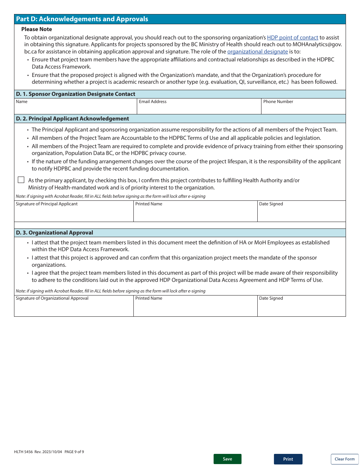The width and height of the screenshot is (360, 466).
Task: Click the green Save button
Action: [x=227, y=459]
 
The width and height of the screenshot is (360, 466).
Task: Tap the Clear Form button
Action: [x=344, y=459]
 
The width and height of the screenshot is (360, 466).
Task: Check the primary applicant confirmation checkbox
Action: [x=21, y=180]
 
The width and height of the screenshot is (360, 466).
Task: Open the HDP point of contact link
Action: [x=292, y=38]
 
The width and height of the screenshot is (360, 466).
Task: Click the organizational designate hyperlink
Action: [x=257, y=52]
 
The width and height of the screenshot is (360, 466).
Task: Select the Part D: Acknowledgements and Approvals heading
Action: [x=82, y=19]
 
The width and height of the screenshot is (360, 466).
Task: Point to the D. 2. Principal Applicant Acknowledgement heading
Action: [x=72, y=119]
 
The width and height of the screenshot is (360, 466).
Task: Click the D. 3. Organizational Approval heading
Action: [x=55, y=233]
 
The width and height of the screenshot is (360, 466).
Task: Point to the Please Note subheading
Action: [x=37, y=29]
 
